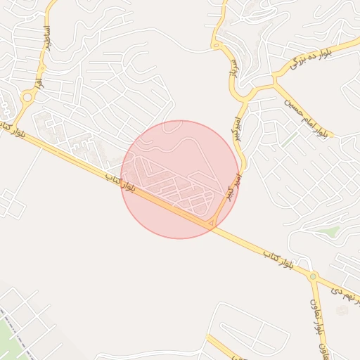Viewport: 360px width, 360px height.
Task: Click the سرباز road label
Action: click(231, 67)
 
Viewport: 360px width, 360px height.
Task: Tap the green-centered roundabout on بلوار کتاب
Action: click(313, 276)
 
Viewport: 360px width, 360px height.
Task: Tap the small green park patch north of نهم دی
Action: click(328, 230)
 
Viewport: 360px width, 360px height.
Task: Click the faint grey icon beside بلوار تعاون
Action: click(342, 310)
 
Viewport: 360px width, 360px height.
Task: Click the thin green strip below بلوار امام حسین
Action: click(290, 140)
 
